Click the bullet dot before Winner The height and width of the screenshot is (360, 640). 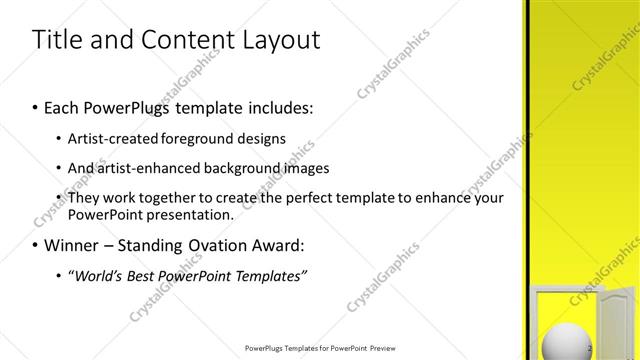point(37,245)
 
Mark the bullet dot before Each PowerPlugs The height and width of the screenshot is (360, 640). point(37,106)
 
